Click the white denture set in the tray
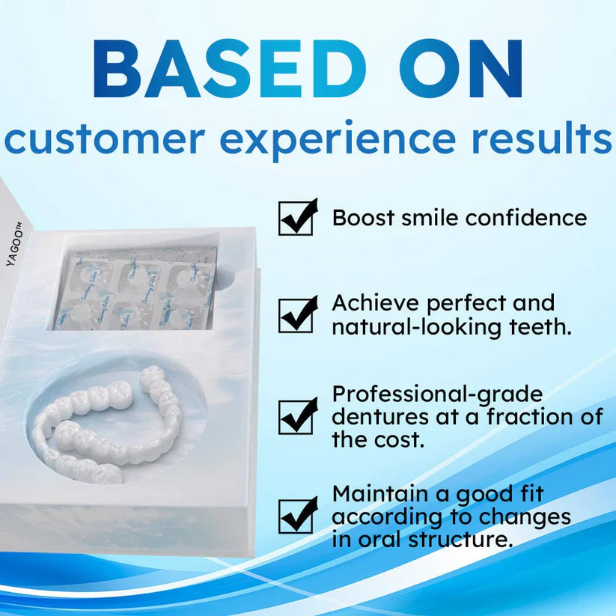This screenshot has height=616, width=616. pyautogui.click(x=112, y=430)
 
